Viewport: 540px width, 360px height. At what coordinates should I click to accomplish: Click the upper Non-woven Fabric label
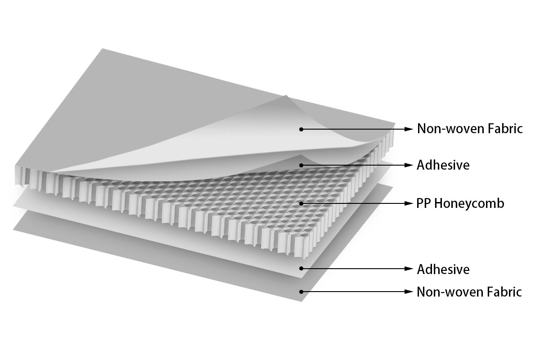coord(469,129)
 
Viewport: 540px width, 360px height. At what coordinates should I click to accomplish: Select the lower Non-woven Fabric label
coord(469,292)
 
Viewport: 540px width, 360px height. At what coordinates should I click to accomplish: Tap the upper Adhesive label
coord(443,165)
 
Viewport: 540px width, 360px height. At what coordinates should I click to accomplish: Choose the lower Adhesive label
coord(443,270)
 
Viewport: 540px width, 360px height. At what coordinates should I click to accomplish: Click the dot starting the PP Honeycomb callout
coord(301,203)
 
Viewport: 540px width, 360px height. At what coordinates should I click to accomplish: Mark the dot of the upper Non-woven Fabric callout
coord(301,129)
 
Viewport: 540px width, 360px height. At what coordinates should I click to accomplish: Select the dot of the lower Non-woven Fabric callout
coord(301,292)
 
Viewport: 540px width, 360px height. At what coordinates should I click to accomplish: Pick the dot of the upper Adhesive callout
coord(301,165)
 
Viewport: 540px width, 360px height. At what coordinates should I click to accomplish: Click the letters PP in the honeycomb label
coord(424,203)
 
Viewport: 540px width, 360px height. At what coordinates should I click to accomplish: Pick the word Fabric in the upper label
coord(505,129)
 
